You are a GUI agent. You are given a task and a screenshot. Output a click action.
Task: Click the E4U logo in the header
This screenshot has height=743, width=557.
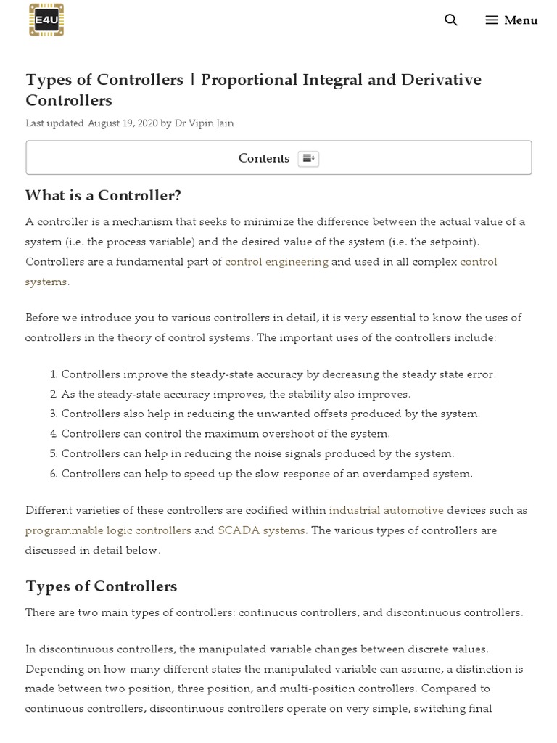pyautogui.click(x=46, y=20)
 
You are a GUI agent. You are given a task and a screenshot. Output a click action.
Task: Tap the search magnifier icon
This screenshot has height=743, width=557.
pyautogui.click(x=451, y=20)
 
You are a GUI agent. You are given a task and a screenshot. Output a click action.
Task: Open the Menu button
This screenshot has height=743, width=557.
pyautogui.click(x=511, y=20)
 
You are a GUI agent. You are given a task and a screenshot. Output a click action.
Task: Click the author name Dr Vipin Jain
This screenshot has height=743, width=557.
pyautogui.click(x=204, y=123)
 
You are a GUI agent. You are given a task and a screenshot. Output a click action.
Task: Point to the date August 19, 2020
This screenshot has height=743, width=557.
pyautogui.click(x=123, y=123)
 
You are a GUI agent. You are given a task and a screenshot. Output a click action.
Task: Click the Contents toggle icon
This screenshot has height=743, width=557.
pyautogui.click(x=308, y=158)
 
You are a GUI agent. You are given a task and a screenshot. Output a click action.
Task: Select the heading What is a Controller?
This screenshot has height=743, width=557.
pyautogui.click(x=103, y=195)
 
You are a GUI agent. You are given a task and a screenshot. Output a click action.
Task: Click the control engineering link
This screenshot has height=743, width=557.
pyautogui.click(x=276, y=261)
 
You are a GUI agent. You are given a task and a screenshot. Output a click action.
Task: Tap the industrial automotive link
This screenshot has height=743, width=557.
pyautogui.click(x=386, y=510)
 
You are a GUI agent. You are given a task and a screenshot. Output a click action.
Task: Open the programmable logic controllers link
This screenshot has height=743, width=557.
pyautogui.click(x=108, y=530)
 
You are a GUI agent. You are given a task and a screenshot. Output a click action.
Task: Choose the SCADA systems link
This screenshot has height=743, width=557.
pyautogui.click(x=261, y=530)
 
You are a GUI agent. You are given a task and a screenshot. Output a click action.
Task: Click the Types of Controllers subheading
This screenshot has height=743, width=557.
pyautogui.click(x=101, y=586)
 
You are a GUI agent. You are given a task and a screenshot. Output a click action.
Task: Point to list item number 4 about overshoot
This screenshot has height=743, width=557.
pyautogui.click(x=226, y=434)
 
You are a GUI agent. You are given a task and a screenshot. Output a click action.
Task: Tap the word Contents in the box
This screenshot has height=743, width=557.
pyautogui.click(x=264, y=158)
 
